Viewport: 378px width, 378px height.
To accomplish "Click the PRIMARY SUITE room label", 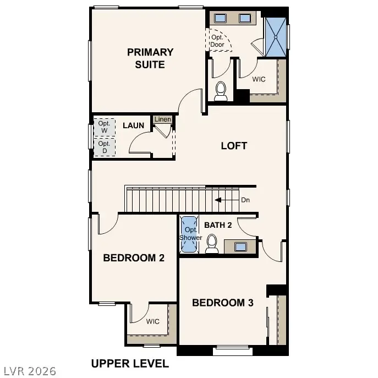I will pos(150,58).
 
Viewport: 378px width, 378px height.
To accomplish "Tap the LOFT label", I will pos(234,146).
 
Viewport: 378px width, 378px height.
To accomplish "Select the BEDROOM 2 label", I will pos(134,258).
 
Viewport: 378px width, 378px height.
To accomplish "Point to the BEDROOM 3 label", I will pos(222,303).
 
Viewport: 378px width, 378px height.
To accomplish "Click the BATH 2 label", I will pos(218,225).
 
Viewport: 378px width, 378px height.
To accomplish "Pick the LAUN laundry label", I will pos(133,125).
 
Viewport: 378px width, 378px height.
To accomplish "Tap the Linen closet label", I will pos(162,119).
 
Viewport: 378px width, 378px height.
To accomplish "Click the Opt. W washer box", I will pos(104,127).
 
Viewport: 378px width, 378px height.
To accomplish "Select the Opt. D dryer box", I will pos(104,147).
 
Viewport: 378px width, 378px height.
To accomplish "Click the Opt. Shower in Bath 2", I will pos(190,234).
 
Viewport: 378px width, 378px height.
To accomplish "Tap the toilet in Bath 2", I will pos(212,245).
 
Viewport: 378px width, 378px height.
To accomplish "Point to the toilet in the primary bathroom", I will pos(221,91).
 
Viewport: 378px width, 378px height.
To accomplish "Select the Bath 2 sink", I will pos(240,246).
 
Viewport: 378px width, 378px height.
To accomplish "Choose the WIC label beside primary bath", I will pos(259,79).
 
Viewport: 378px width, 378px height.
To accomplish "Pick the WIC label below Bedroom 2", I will pos(152,321).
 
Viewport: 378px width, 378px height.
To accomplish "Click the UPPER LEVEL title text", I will pos(130,364).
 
